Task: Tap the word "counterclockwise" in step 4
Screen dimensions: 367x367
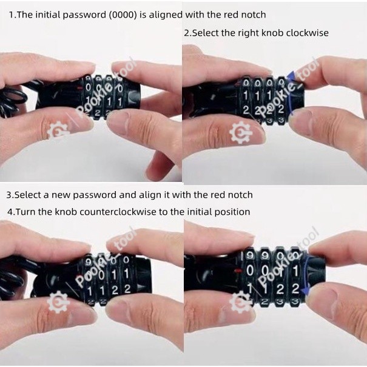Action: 118,212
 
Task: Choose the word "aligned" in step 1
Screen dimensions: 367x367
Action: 166,15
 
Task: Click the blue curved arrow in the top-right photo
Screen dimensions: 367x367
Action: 291,93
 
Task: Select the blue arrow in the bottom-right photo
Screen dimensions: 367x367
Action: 306,274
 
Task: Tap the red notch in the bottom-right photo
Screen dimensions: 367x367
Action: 238,271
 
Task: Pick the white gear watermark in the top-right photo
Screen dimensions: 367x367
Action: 241,133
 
